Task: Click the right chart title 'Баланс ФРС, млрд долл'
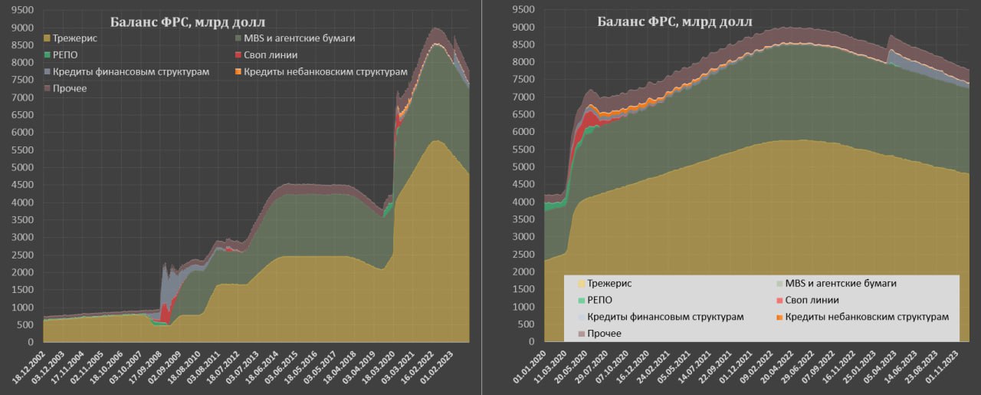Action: click(x=674, y=21)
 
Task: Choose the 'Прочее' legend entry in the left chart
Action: click(x=70, y=89)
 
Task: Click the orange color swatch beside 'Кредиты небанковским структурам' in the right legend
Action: click(x=779, y=317)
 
